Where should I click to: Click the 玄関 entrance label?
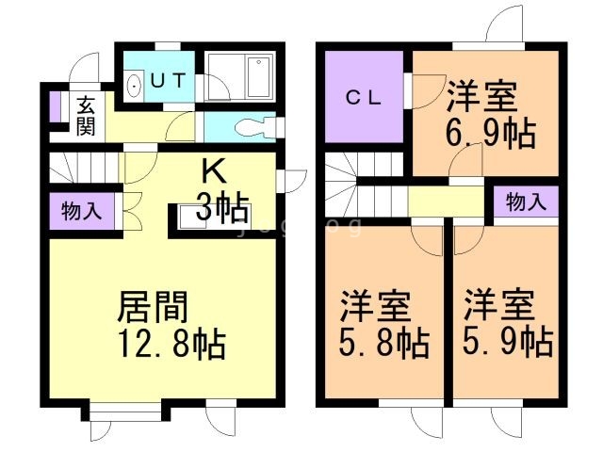[86, 116]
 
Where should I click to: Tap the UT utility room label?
[171, 80]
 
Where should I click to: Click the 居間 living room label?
[153, 307]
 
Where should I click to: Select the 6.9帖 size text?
[489, 132]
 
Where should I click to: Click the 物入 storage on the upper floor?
[526, 202]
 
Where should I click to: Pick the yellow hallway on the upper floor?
[448, 201]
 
